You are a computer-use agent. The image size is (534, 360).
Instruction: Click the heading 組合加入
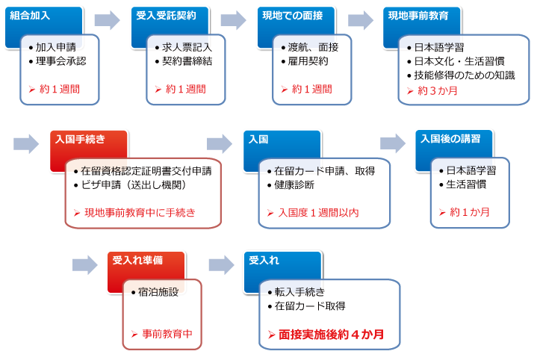click(x=30, y=16)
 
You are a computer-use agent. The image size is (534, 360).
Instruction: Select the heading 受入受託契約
click(x=166, y=16)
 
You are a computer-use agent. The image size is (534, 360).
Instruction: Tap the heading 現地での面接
click(x=292, y=16)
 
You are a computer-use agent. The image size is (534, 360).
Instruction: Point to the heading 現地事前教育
click(x=418, y=16)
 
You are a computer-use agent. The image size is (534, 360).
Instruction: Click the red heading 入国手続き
click(x=80, y=140)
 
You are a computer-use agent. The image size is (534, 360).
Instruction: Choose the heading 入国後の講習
click(x=450, y=139)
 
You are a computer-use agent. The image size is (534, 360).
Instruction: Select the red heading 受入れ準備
click(x=137, y=260)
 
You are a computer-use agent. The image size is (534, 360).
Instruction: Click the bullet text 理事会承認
click(x=61, y=61)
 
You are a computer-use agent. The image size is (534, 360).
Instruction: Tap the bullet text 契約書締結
click(x=187, y=61)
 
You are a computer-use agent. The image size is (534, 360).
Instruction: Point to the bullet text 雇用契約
click(x=308, y=61)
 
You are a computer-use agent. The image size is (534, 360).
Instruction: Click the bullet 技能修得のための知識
click(x=465, y=75)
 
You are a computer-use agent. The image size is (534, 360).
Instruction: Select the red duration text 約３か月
click(x=438, y=91)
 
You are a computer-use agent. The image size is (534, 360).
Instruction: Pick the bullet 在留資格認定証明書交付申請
click(x=146, y=171)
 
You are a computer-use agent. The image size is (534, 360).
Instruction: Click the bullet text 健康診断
click(x=294, y=185)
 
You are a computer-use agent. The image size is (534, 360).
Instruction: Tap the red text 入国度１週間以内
click(x=318, y=213)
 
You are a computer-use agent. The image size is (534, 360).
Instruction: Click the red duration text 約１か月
click(x=470, y=212)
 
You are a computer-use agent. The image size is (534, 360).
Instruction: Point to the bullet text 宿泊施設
click(x=158, y=292)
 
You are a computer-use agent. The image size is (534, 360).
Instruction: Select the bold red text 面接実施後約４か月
click(x=331, y=335)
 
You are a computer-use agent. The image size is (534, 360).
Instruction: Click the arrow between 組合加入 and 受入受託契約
click(x=108, y=20)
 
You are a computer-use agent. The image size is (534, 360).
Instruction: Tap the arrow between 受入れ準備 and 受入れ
click(x=222, y=264)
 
